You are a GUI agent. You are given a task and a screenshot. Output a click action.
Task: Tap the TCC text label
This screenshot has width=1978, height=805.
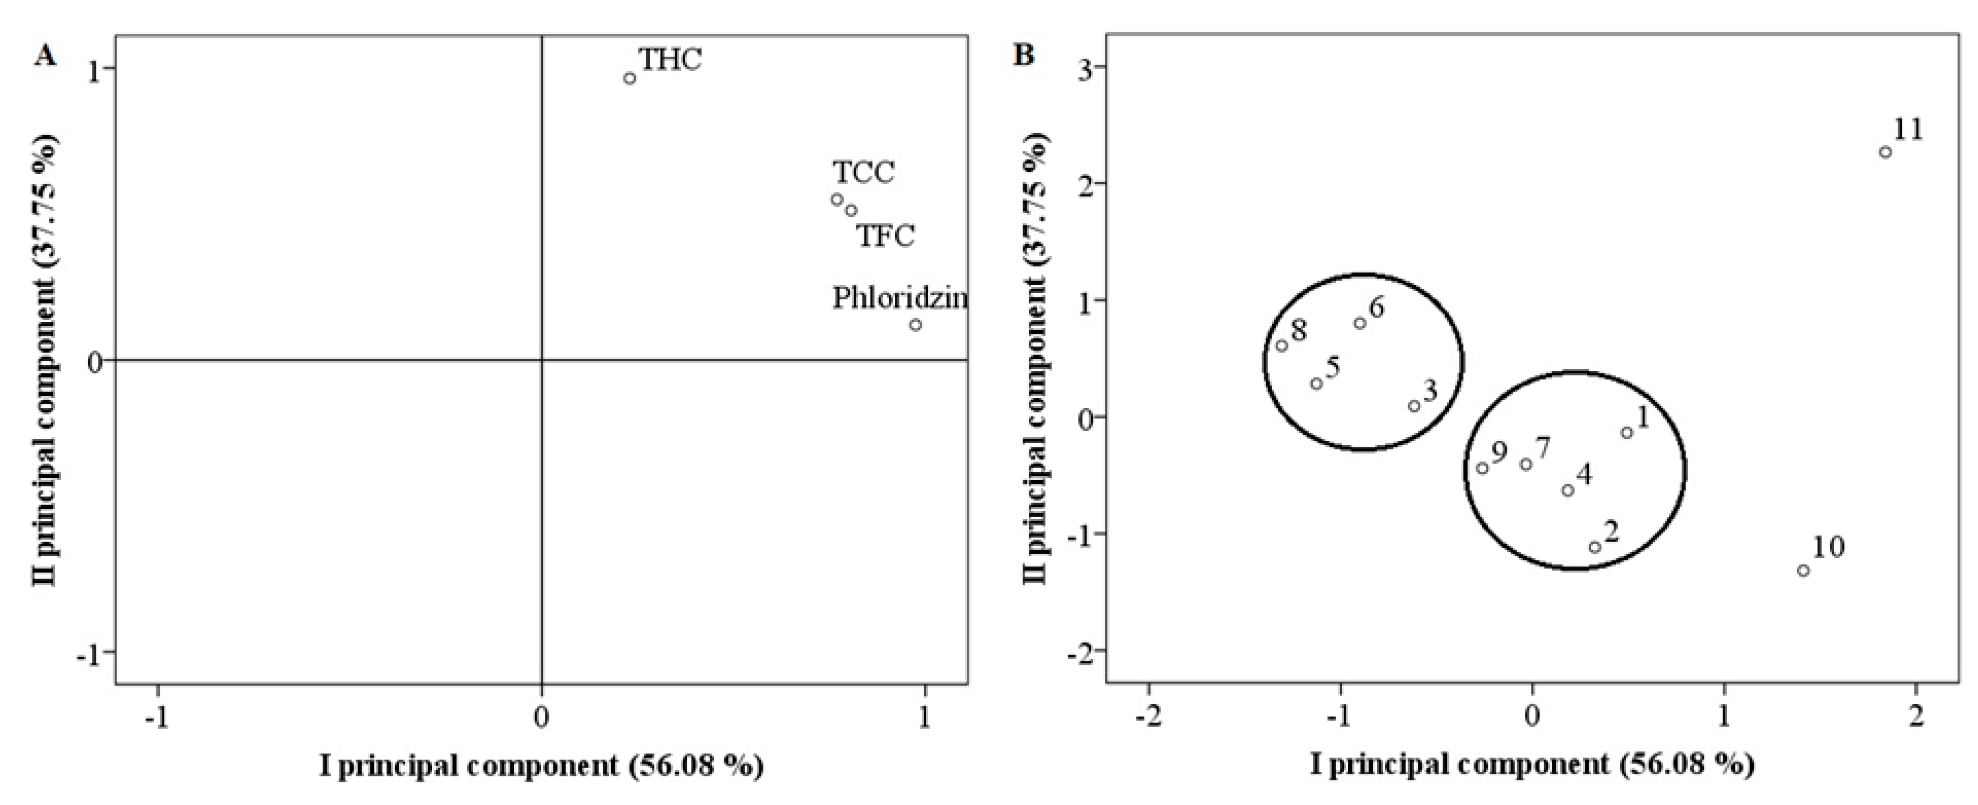point(864,173)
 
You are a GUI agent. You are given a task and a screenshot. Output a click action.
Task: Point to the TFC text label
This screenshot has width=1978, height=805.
point(885,235)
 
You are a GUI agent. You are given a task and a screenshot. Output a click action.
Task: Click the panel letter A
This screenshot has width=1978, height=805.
point(45,56)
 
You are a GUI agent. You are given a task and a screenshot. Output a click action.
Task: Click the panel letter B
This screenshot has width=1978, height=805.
point(1024,56)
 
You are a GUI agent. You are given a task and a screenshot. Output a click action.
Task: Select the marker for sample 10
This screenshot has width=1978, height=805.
point(1804,570)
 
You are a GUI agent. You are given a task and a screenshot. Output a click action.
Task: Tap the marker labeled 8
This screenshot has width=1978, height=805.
point(1281,346)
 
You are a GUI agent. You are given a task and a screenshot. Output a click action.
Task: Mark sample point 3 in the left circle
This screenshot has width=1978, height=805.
point(1414,406)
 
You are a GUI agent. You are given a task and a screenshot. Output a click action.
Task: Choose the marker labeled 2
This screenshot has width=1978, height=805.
point(1595,547)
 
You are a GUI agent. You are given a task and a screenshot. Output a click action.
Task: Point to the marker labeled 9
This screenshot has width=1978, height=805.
point(1483,468)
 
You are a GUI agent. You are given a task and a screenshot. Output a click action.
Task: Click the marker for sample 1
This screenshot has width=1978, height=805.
point(1626,433)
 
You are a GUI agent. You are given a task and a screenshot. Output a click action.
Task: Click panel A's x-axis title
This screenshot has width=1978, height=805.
point(541,766)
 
